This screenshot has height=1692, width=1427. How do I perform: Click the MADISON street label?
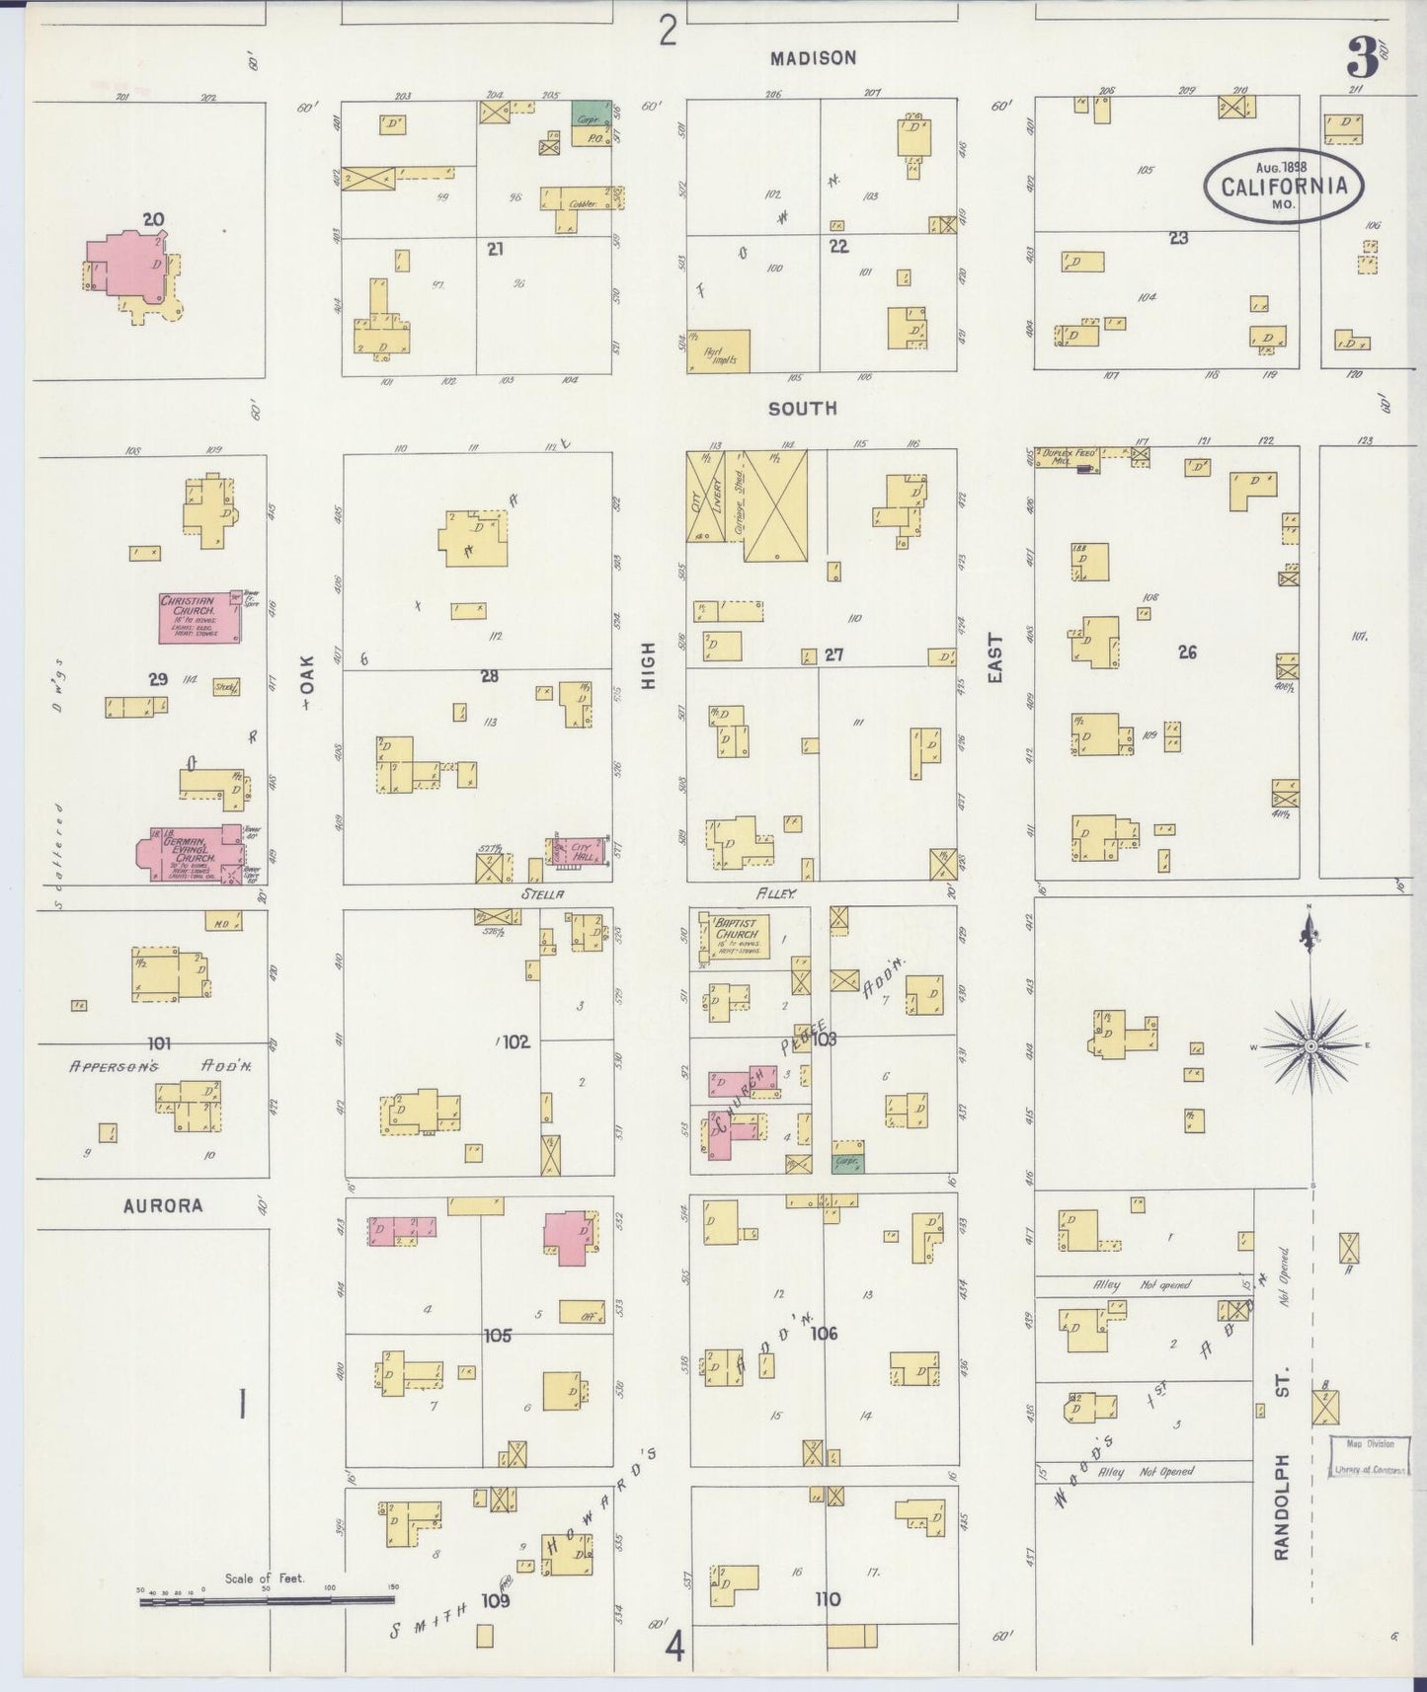pyautogui.click(x=813, y=58)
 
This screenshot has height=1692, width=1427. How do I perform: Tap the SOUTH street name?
pyautogui.click(x=802, y=408)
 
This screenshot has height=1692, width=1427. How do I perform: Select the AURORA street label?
pyautogui.click(x=163, y=1205)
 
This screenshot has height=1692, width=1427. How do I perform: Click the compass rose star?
pyautogui.click(x=1310, y=1045)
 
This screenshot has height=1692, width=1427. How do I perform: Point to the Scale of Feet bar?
pyautogui.click(x=267, y=1600)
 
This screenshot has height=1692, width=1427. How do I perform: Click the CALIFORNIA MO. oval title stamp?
pyautogui.click(x=1283, y=186)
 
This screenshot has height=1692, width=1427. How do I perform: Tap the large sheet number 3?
pyautogui.click(x=1362, y=60)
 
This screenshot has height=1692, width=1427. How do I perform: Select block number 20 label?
pyautogui.click(x=153, y=219)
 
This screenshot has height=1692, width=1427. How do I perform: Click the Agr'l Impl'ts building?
pyautogui.click(x=718, y=351)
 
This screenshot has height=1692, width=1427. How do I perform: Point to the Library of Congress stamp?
pyautogui.click(x=1368, y=1456)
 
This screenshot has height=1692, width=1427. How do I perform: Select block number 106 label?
pyautogui.click(x=824, y=1334)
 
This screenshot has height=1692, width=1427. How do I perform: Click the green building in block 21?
pyautogui.click(x=590, y=112)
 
